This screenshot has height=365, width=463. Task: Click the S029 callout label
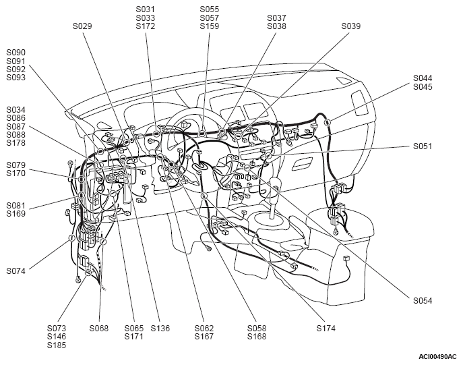tap(82, 26)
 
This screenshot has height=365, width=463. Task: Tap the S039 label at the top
tap(351, 26)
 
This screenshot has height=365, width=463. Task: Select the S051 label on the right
tap(423, 146)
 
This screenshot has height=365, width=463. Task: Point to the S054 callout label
tap(423, 301)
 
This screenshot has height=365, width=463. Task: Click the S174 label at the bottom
tap(326, 329)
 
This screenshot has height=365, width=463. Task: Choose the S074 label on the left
tap(16, 271)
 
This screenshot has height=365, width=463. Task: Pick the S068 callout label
tap(99, 329)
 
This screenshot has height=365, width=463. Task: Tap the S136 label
tap(160, 329)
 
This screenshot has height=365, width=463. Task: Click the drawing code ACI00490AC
tap(437, 357)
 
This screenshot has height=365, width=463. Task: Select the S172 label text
tap(146, 26)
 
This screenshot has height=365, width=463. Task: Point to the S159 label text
tap(210, 26)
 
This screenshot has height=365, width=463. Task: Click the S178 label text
tap(16, 143)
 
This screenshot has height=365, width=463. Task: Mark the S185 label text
tap(57, 345)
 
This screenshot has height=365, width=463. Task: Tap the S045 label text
tap(423, 87)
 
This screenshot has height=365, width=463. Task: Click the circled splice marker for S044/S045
tap(327, 122)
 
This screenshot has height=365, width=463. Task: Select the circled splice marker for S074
tap(71, 238)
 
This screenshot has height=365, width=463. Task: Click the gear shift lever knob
tap(275, 184)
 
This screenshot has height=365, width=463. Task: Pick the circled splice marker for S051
tap(268, 155)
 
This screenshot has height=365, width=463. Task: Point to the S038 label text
tap(277, 26)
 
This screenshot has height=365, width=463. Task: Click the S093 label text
tap(16, 78)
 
